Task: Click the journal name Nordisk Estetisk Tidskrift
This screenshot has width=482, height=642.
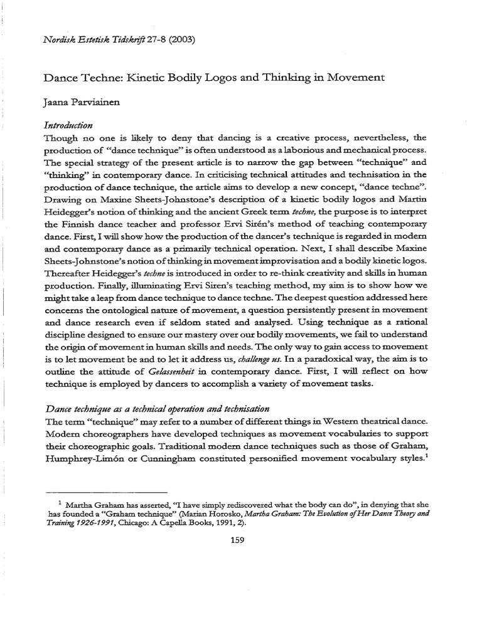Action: pos(100,39)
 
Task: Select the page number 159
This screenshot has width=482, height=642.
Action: pos(240,542)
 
